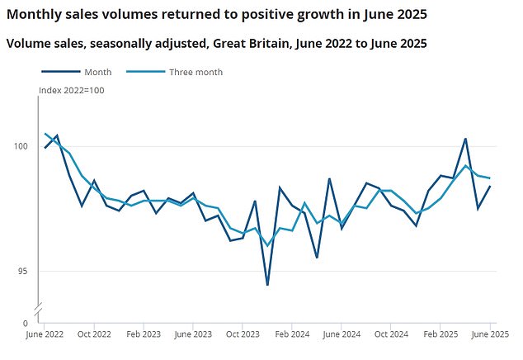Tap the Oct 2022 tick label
click(94, 334)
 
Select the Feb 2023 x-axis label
click(144, 334)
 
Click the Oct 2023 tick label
click(243, 334)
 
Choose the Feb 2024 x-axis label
click(293, 334)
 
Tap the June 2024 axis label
click(342, 334)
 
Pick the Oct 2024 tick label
click(391, 334)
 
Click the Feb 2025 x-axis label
click(441, 334)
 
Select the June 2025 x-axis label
click(489, 334)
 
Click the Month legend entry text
click(98, 72)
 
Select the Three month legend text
click(196, 72)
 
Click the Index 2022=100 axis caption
click(72, 90)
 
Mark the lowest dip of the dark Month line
click(267, 285)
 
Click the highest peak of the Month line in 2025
click(466, 139)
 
